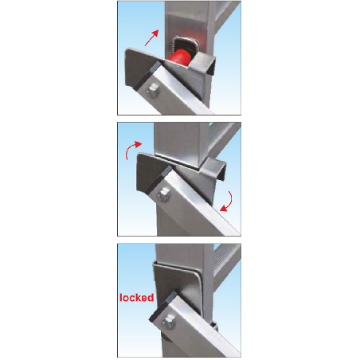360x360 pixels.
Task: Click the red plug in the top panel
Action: click(x=178, y=57)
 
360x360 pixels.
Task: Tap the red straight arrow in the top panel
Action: click(x=151, y=37)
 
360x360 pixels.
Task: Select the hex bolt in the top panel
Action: click(x=153, y=90)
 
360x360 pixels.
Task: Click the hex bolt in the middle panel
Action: click(x=163, y=194)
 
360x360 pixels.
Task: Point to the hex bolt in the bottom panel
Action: click(x=170, y=322)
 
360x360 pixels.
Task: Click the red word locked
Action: click(x=137, y=298)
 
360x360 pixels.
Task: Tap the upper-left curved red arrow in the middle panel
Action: click(x=133, y=150)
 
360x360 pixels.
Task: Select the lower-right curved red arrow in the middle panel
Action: click(x=226, y=202)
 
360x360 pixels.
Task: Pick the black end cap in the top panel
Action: click(x=147, y=75)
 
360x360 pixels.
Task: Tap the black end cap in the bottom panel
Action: click(x=163, y=306)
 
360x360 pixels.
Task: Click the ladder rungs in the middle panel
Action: click(x=225, y=139)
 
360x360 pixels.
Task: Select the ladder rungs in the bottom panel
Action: click(x=227, y=265)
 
